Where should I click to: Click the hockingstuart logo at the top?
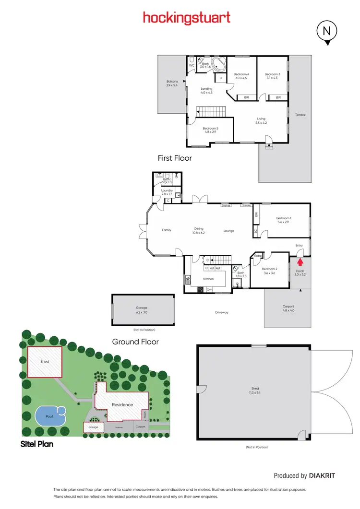(187, 18)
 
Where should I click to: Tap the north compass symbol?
(326, 32)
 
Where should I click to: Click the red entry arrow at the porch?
(300, 262)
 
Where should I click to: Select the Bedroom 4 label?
(241, 76)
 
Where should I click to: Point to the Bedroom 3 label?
(272, 76)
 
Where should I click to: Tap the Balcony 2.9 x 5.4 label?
(172, 83)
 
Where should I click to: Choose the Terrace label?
(300, 115)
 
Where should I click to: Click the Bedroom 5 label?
(210, 130)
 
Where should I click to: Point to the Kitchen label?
(208, 279)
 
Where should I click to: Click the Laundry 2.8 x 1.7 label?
(167, 192)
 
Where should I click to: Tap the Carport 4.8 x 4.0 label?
(288, 308)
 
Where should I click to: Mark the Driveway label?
(222, 312)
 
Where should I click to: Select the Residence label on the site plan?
(122, 404)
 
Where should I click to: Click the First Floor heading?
(175, 158)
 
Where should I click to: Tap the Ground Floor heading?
(135, 342)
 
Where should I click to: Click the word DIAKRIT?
(322, 475)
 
